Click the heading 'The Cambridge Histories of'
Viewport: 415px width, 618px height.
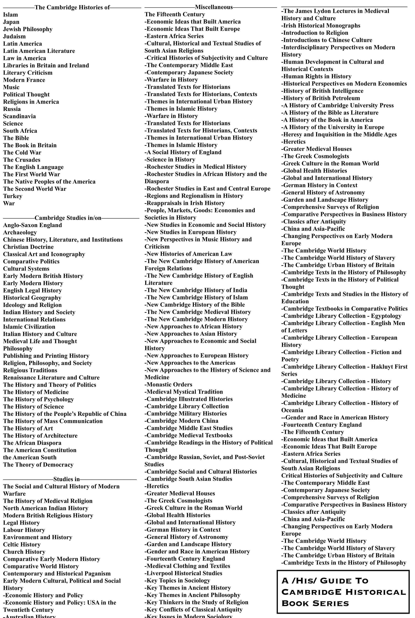[x=72, y=7]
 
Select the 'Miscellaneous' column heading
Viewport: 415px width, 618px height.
[x=214, y=7]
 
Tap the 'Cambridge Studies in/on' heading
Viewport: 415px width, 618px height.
[x=68, y=218]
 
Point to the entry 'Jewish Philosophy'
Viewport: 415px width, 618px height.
[x=28, y=29]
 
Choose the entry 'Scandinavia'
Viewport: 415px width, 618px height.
[x=19, y=116]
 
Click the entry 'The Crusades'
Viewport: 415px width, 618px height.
[x=22, y=160]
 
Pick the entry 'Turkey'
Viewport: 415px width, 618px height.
[x=13, y=196]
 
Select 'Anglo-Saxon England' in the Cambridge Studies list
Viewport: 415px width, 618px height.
[x=33, y=225]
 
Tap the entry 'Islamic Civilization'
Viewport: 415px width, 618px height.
[x=29, y=327]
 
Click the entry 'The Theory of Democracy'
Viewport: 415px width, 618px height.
[x=38, y=465]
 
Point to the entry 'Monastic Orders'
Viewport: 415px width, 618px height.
[x=168, y=384]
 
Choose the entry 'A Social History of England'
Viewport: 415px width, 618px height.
[x=183, y=152]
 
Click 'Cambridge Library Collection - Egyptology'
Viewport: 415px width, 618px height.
[x=341, y=316]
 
